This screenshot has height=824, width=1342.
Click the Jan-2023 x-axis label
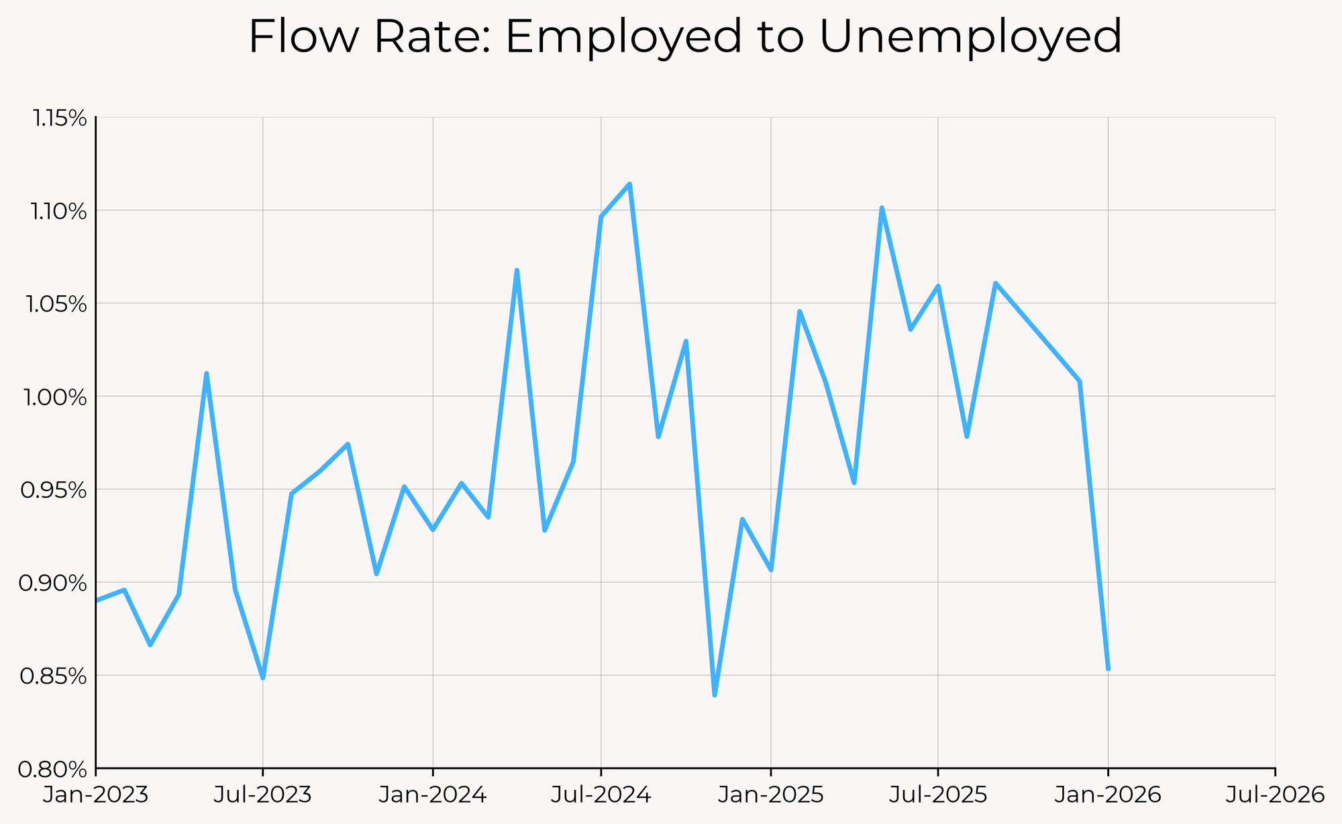tap(95, 795)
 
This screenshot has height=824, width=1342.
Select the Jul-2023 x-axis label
tap(262, 795)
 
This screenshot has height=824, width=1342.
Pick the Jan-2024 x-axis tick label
tap(433, 795)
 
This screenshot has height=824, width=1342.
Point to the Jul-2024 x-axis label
tap(601, 795)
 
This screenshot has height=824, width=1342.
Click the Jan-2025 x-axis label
tap(770, 795)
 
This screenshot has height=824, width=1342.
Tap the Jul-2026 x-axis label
tap(1275, 795)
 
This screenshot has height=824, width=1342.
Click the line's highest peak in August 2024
tap(629, 184)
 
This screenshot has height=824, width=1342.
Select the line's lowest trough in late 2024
tap(715, 695)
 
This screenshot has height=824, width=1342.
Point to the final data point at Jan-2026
tap(1108, 669)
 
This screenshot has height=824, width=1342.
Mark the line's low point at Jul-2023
tap(262, 678)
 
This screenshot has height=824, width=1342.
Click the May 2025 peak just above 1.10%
tap(882, 208)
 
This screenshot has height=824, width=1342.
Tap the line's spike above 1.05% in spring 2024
tap(517, 270)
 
